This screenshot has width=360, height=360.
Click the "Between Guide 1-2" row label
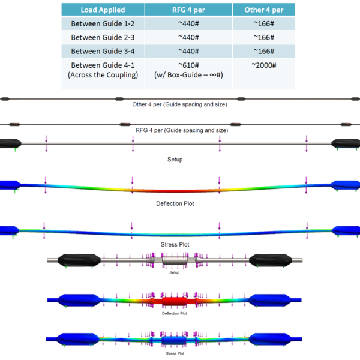[x=101, y=23]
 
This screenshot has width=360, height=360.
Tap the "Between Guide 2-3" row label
[x=101, y=37]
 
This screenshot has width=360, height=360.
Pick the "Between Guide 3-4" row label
[x=101, y=51]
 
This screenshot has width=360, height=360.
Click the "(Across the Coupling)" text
[x=103, y=75]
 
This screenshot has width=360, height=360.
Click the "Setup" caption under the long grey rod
[x=175, y=159]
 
